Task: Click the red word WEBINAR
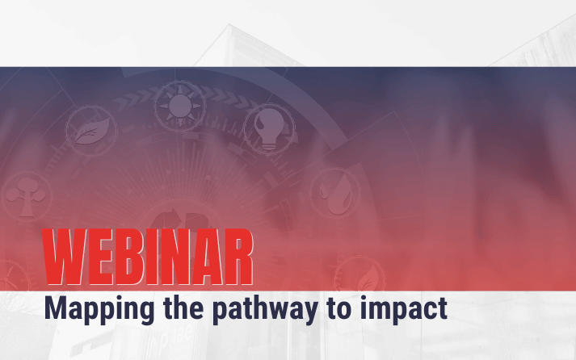click(148, 257)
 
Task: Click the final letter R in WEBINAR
click(239, 257)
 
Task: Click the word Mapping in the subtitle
click(99, 310)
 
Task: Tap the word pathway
click(265, 310)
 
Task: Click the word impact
click(403, 310)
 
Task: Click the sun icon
click(180, 106)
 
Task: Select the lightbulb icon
click(270, 129)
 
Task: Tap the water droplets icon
click(335, 194)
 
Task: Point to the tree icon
click(27, 196)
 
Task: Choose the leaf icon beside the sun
click(91, 131)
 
